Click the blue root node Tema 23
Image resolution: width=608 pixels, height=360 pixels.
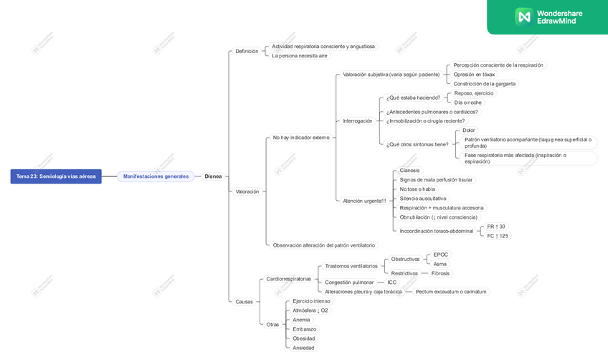click(x=56, y=176)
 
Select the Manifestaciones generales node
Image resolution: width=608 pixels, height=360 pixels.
click(x=156, y=176)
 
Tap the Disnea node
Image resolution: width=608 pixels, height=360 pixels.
click(x=213, y=176)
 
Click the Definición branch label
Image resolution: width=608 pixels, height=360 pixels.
click(x=247, y=52)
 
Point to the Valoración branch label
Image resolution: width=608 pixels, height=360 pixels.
click(x=247, y=191)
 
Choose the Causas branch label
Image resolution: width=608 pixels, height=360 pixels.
click(x=244, y=302)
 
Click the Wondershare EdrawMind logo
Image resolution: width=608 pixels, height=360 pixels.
click(x=548, y=16)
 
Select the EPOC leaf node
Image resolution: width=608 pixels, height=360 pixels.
click(x=441, y=255)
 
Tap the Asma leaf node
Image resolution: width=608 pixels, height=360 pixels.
click(x=440, y=264)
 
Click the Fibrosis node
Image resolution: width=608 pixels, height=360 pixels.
click(x=440, y=273)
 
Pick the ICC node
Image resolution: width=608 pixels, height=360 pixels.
click(x=391, y=283)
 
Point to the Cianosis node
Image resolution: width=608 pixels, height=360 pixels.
click(x=410, y=171)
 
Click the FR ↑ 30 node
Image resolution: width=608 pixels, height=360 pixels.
click(x=496, y=227)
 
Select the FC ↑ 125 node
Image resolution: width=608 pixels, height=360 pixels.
click(x=498, y=236)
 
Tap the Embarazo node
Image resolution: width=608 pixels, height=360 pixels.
click(x=305, y=329)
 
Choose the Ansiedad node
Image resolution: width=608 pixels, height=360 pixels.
click(x=303, y=348)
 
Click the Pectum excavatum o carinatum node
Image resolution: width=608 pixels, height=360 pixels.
click(x=451, y=292)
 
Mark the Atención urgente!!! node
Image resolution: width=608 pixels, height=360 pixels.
click(x=364, y=201)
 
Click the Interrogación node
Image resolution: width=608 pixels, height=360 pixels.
click(x=358, y=121)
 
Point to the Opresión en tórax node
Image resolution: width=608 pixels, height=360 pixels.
click(x=474, y=75)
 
